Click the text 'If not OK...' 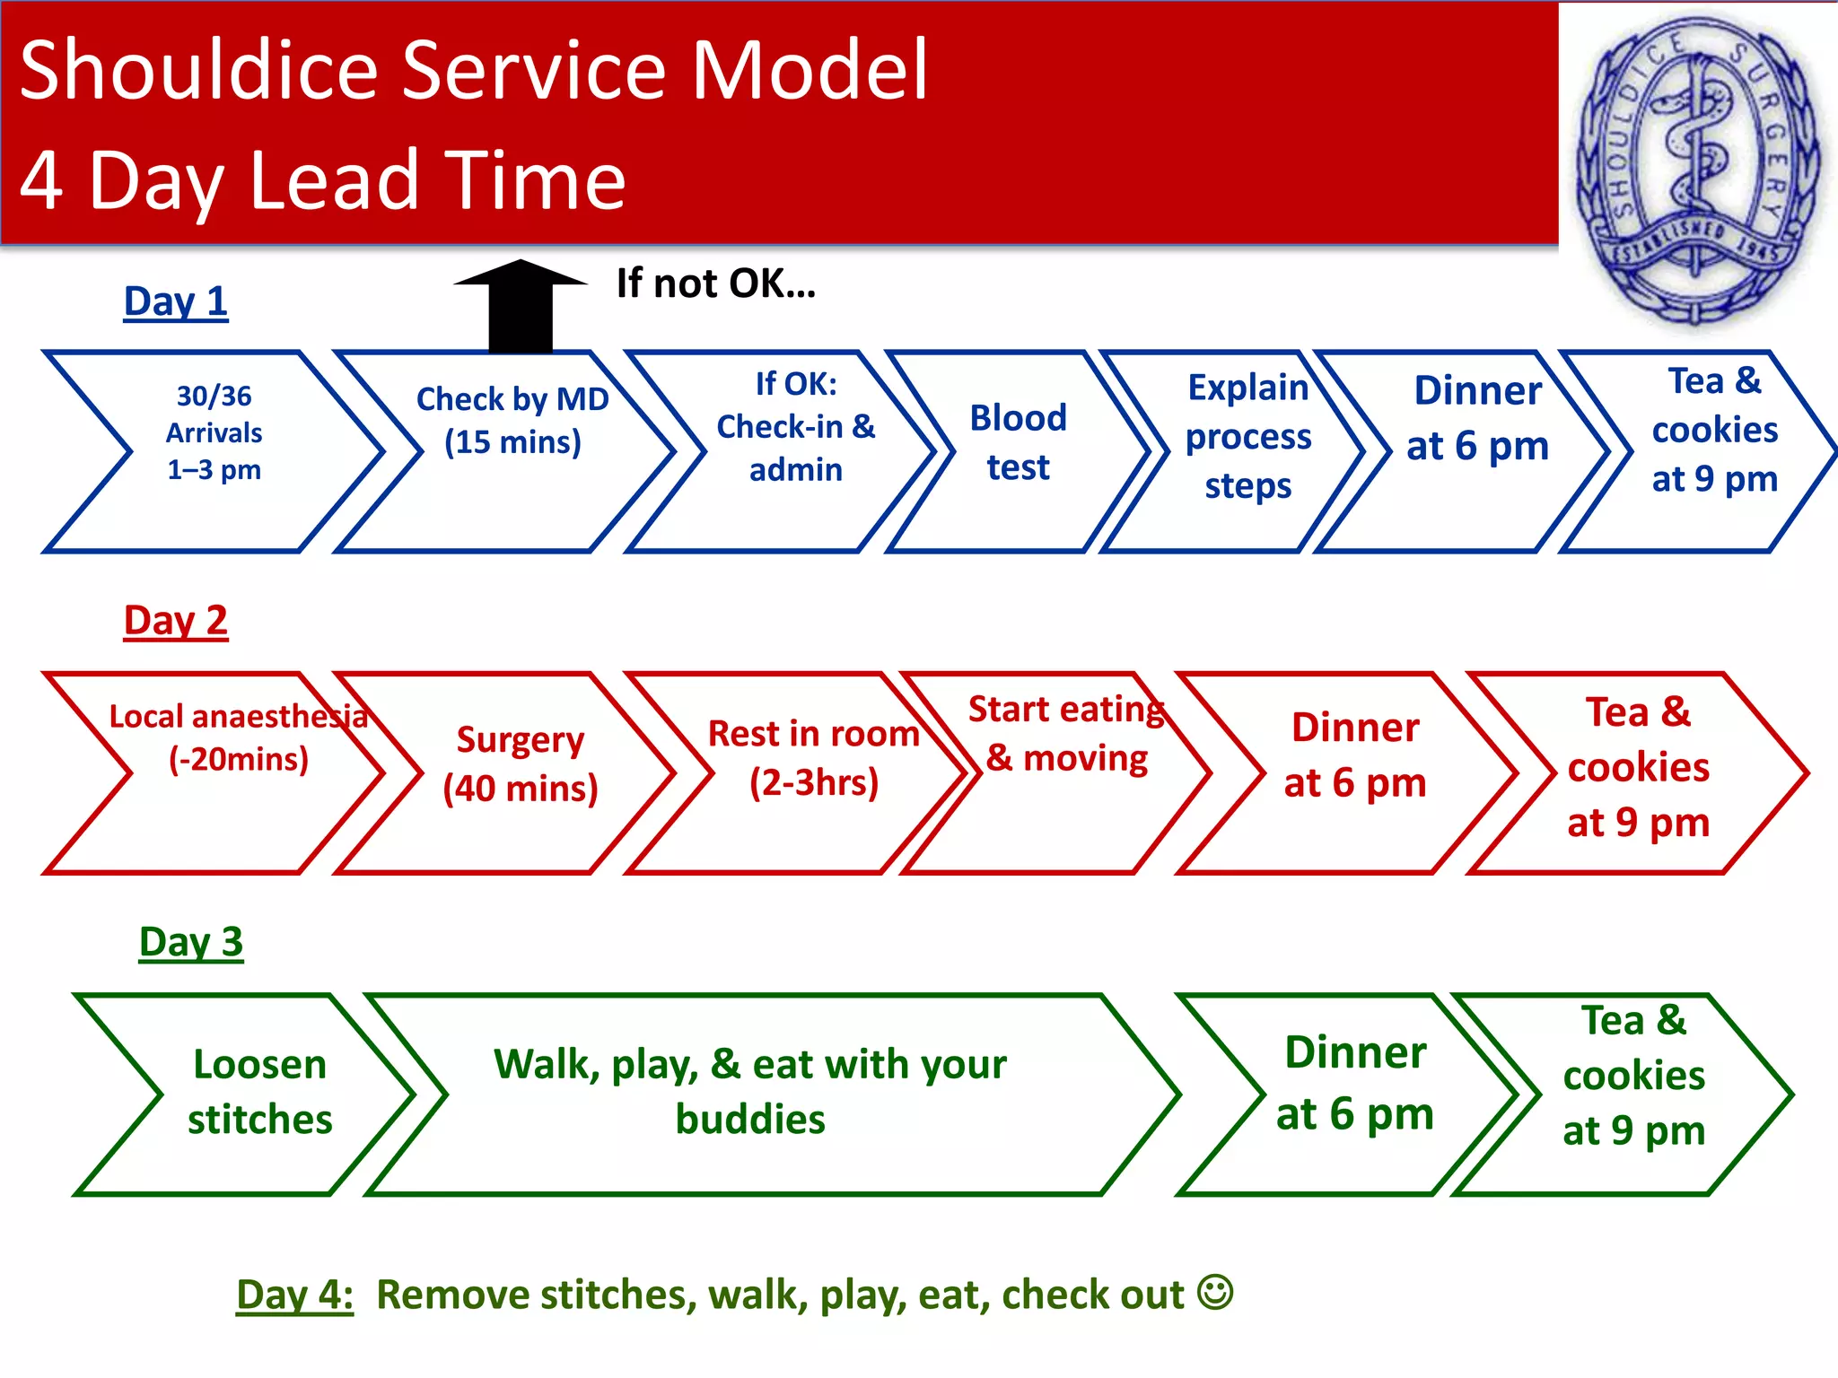coord(715,283)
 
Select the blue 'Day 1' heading coord(176,302)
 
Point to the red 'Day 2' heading coord(176,621)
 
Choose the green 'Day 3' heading coord(191,942)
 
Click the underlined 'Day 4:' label coord(294,1295)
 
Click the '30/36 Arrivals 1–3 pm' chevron coord(214,433)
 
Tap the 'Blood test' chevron coord(1018,443)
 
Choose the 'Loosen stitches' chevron coord(260,1092)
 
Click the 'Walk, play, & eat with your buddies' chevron coord(750,1092)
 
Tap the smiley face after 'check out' coord(1217,1293)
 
